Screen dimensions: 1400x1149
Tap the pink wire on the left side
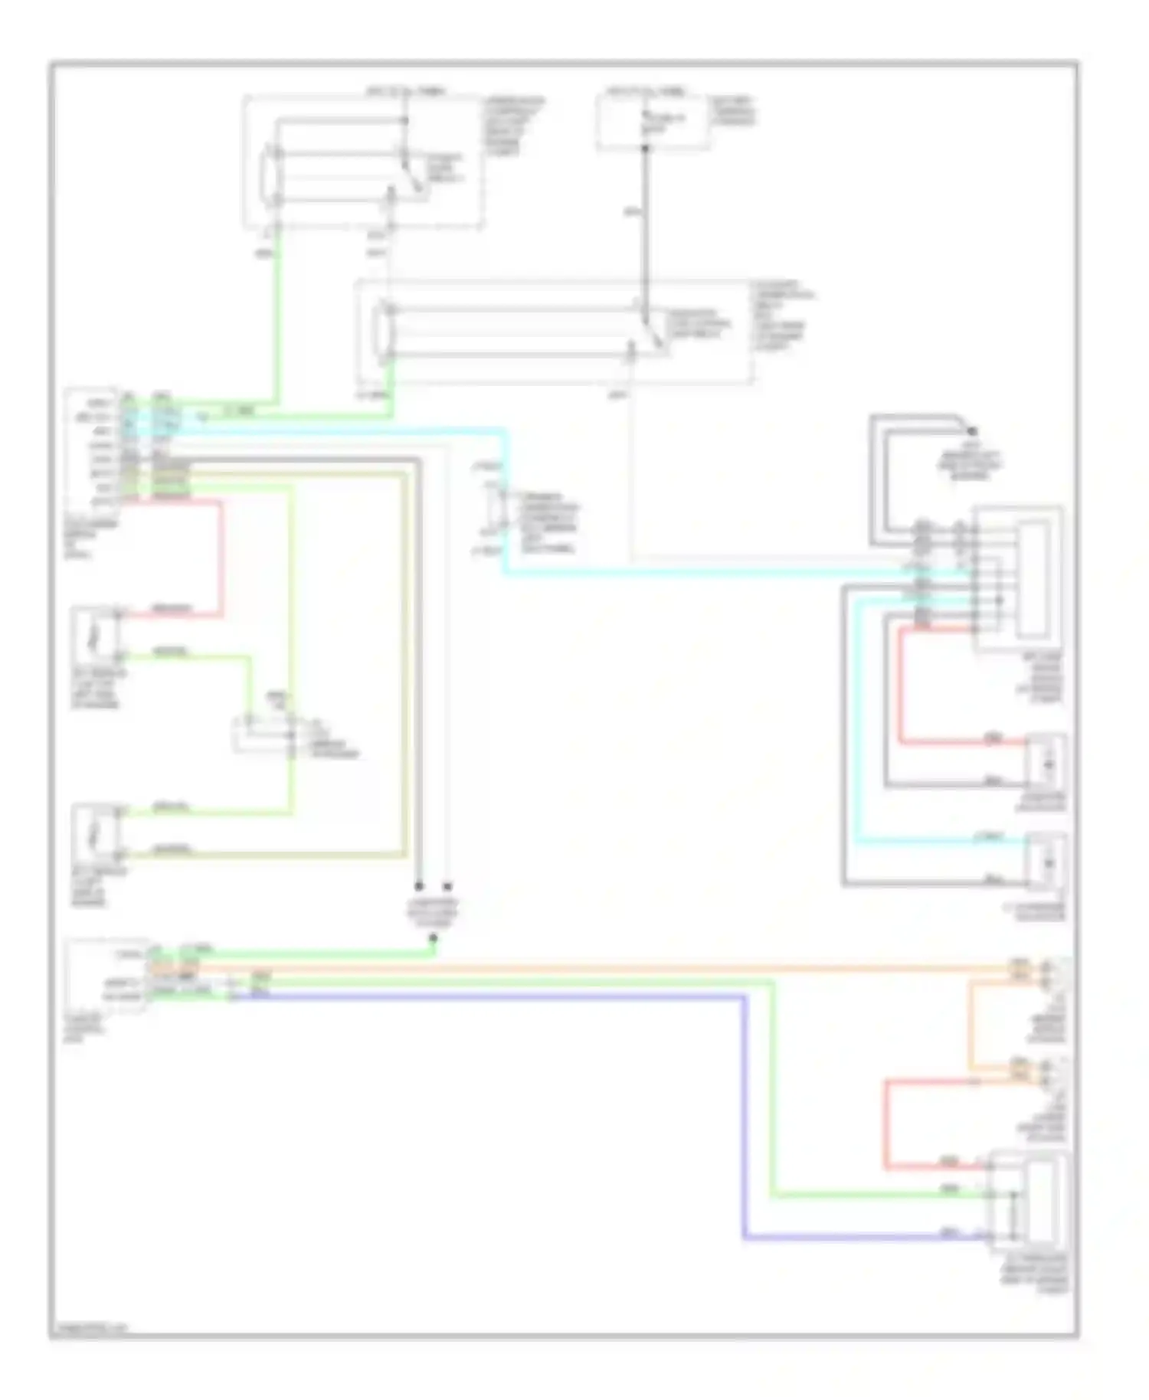[x=222, y=559]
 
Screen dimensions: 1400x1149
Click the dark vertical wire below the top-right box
[x=645, y=230]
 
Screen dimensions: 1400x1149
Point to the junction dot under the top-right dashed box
[x=645, y=147]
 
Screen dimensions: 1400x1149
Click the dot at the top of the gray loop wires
[x=971, y=430]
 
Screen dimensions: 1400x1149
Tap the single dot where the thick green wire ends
[x=433, y=937]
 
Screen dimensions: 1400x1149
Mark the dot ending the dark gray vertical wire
[x=419, y=886]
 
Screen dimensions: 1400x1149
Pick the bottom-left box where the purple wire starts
[x=106, y=976]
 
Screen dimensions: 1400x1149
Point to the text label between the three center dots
[x=433, y=911]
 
